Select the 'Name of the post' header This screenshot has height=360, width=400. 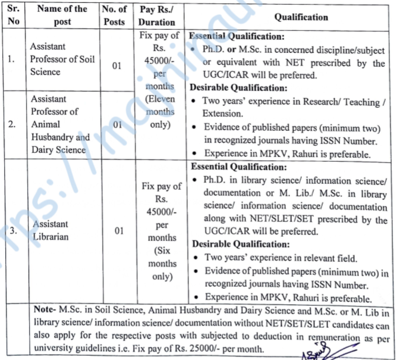62,15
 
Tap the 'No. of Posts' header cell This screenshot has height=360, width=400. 114,15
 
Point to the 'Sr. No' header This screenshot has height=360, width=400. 13,15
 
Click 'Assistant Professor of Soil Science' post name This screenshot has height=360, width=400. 62,59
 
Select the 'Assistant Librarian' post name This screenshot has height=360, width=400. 51,230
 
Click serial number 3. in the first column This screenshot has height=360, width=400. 12,231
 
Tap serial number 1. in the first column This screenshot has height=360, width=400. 12,60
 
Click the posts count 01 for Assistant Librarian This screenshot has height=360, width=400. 118,231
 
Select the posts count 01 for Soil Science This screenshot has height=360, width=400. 116,66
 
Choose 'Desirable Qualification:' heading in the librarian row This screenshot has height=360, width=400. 233,244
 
